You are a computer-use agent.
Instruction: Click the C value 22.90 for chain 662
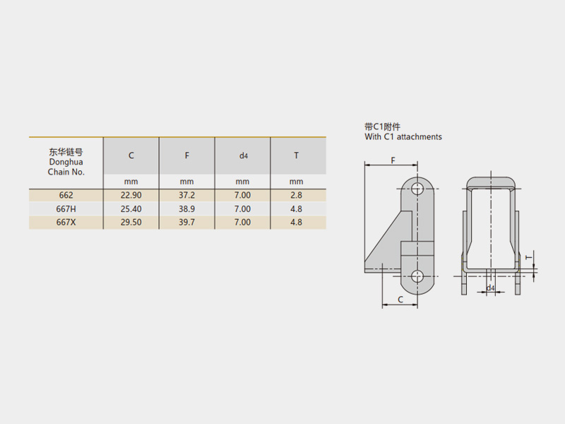[x=131, y=196]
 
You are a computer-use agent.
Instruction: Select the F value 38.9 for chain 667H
[x=186, y=209]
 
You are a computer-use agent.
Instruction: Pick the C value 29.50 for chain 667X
[x=131, y=223]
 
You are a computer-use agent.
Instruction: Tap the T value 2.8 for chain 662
[x=296, y=196]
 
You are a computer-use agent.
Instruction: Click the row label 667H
[x=66, y=209]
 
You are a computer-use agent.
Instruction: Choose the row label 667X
[x=66, y=223]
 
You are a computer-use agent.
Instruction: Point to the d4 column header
[x=244, y=155]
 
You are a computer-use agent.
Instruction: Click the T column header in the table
[x=296, y=155]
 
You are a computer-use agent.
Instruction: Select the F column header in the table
[x=186, y=155]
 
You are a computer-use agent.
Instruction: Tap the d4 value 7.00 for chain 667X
[x=242, y=223]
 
